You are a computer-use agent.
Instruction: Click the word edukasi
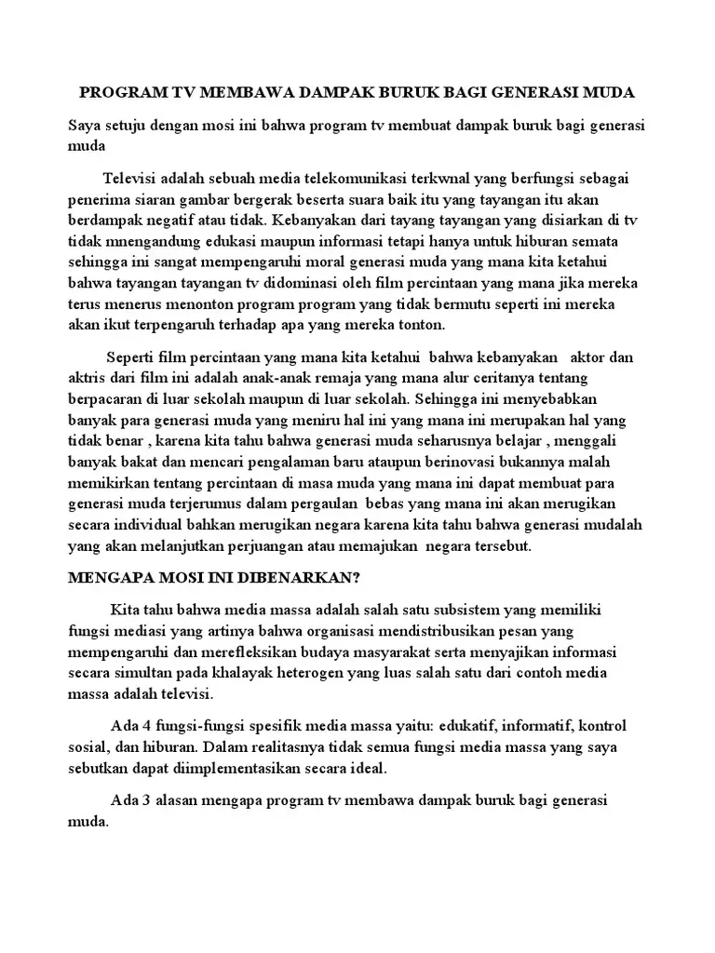(x=219, y=241)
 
